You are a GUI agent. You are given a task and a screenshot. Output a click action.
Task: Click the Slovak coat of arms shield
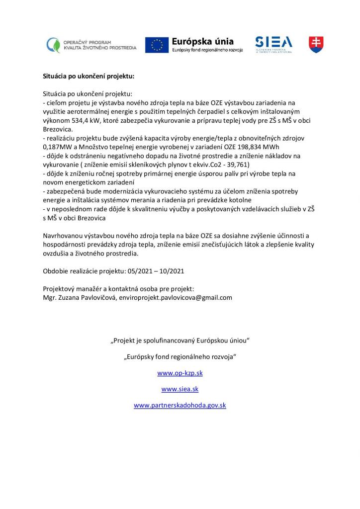[x=316, y=44]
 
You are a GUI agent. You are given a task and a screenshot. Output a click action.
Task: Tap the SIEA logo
[x=273, y=44]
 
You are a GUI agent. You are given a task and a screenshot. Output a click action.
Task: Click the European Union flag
[x=157, y=45]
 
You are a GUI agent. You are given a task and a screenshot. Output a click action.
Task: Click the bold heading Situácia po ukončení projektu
[x=89, y=77]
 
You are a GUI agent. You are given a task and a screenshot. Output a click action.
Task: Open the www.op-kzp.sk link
[x=180, y=373]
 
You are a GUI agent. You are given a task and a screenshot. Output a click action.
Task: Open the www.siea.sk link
[x=180, y=389]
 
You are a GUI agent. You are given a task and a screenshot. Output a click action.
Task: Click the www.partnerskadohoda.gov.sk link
[x=180, y=405]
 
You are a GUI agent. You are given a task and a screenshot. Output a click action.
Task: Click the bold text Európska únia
[x=202, y=42]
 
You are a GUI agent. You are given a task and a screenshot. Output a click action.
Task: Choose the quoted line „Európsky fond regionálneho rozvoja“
[x=180, y=357]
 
